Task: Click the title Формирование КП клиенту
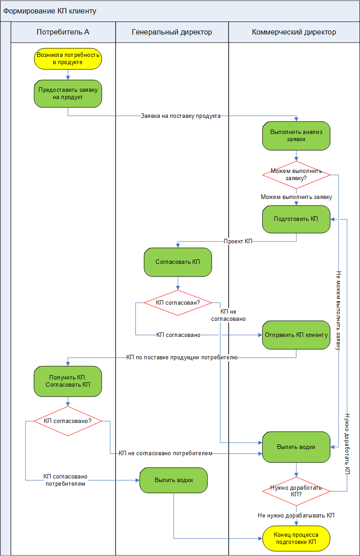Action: (50, 11)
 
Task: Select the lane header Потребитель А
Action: (63, 32)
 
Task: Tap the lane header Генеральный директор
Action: (172, 32)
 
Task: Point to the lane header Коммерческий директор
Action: (294, 32)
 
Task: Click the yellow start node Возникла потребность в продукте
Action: (68, 59)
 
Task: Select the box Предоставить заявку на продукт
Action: (68, 94)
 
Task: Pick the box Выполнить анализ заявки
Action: (296, 136)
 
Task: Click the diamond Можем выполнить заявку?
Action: (296, 174)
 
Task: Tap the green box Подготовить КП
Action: (296, 219)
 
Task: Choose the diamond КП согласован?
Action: (178, 303)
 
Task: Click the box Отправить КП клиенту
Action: (296, 335)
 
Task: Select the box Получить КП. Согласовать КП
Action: (68, 381)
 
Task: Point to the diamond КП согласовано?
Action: (68, 421)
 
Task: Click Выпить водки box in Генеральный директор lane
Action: (173, 480)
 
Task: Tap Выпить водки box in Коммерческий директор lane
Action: (296, 447)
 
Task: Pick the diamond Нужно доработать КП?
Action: (296, 491)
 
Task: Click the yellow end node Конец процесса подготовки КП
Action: (296, 539)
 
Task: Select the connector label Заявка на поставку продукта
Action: (181, 116)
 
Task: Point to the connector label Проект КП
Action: (238, 241)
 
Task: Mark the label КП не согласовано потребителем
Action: (165, 453)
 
